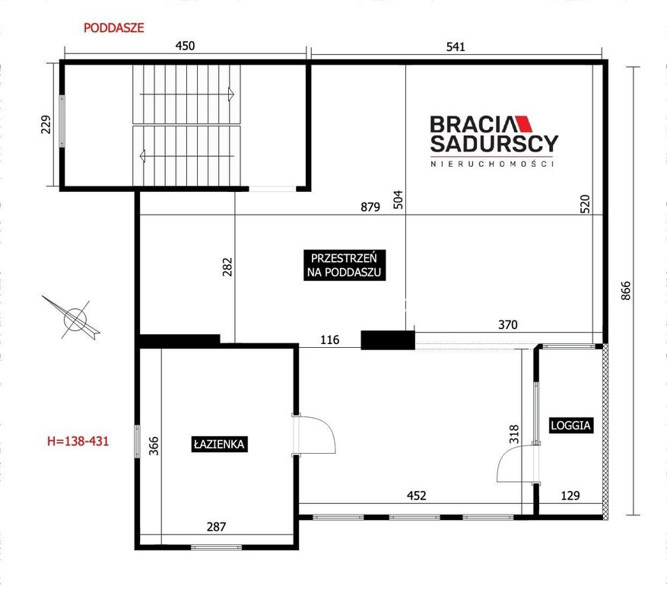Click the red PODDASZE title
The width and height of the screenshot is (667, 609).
pyautogui.click(x=113, y=28)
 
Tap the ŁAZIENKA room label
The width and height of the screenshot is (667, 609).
pyautogui.click(x=219, y=444)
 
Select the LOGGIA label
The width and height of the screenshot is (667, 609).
pyautogui.click(x=571, y=425)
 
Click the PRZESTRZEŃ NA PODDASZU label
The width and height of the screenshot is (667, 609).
pyautogui.click(x=345, y=265)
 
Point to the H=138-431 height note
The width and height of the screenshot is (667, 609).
pyautogui.click(x=78, y=441)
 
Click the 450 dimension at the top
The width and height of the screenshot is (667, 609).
pyautogui.click(x=185, y=46)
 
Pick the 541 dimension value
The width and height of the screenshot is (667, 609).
pyautogui.click(x=456, y=47)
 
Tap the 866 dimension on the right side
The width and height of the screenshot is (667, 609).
pyautogui.click(x=626, y=291)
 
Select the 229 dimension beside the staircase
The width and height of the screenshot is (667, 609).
pyautogui.click(x=46, y=124)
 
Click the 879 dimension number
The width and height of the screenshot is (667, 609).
pyautogui.click(x=370, y=207)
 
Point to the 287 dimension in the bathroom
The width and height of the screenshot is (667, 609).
pyautogui.click(x=216, y=528)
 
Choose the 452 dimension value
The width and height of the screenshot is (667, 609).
pyautogui.click(x=417, y=496)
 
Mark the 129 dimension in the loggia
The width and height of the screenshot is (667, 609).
pyautogui.click(x=570, y=496)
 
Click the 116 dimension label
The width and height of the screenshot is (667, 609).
pyautogui.click(x=329, y=340)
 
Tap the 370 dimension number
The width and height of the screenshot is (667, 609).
pyautogui.click(x=508, y=325)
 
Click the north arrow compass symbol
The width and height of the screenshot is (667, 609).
pyautogui.click(x=72, y=317)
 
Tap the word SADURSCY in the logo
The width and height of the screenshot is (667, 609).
pyautogui.click(x=494, y=144)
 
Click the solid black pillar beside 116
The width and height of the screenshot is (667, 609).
pyautogui.click(x=388, y=340)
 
